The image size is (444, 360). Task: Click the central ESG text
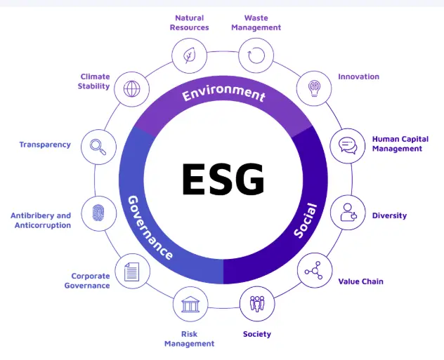click(223, 179)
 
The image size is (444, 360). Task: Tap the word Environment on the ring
click(223, 93)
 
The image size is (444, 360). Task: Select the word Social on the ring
click(306, 220)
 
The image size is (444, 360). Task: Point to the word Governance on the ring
click(150, 226)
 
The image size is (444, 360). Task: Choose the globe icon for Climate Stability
click(131, 89)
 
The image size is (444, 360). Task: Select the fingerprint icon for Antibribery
click(99, 212)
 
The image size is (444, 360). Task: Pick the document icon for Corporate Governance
click(131, 270)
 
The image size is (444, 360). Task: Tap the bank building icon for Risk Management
click(190, 304)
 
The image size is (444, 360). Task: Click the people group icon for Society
click(257, 304)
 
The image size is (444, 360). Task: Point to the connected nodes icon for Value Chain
click(314, 270)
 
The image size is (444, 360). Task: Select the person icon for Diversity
click(348, 212)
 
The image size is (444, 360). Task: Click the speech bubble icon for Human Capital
click(348, 146)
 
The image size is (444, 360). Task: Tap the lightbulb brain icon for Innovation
click(314, 89)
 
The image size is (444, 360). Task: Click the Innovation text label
click(358, 76)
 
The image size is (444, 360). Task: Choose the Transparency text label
click(45, 145)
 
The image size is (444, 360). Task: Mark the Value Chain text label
click(360, 281)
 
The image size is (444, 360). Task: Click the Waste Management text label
click(256, 22)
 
